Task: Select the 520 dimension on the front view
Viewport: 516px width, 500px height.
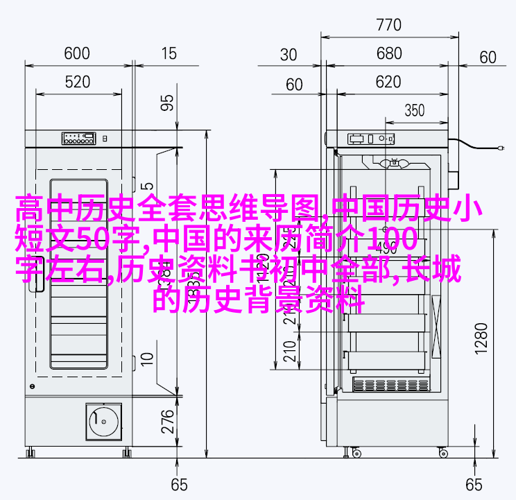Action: pyautogui.click(x=77, y=83)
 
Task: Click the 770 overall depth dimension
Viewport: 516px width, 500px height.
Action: pyautogui.click(x=388, y=26)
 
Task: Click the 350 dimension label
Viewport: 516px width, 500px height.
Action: pyautogui.click(x=414, y=110)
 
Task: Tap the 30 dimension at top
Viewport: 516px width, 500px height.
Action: pyautogui.click(x=290, y=55)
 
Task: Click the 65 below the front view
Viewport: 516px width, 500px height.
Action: pyautogui.click(x=180, y=484)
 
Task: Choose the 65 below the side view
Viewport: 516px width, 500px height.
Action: pyautogui.click(x=474, y=484)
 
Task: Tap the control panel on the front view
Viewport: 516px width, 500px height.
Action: pyautogui.click(x=77, y=137)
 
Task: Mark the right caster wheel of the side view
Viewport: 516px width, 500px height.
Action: pyautogui.click(x=442, y=453)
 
